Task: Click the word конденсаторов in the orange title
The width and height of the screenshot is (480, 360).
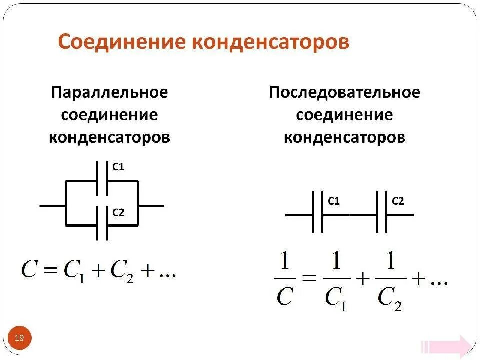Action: (270, 42)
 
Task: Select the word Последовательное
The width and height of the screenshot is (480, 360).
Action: (344, 93)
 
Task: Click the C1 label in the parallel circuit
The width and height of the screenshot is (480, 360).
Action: (118, 168)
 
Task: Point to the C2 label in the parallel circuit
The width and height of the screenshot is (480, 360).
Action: (118, 213)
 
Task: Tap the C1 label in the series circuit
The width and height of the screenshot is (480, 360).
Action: (334, 201)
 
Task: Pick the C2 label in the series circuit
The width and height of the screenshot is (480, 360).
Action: (398, 201)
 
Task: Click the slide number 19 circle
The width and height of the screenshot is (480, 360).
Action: (19, 338)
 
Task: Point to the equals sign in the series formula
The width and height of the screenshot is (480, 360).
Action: (309, 281)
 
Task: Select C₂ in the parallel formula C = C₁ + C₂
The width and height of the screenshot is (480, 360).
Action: (122, 272)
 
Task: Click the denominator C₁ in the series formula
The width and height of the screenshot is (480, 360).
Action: (336, 298)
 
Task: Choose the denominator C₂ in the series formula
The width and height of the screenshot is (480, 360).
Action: (389, 298)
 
